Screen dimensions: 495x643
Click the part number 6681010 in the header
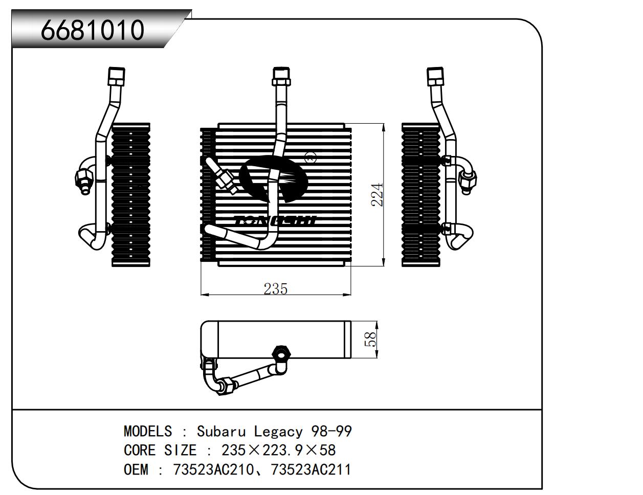pyautogui.click(x=93, y=30)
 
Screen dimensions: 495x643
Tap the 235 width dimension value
pyautogui.click(x=276, y=289)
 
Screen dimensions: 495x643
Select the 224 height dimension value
pyautogui.click(x=378, y=194)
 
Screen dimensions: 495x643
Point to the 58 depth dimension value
pyautogui.click(x=370, y=340)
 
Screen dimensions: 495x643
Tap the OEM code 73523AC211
pyautogui.click(x=311, y=469)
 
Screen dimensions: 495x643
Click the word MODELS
pyautogui.click(x=148, y=432)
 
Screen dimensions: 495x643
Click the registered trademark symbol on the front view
pyautogui.click(x=311, y=157)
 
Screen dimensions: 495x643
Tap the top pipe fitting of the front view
pyautogui.click(x=281, y=77)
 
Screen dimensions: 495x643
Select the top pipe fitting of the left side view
pyautogui.click(x=116, y=77)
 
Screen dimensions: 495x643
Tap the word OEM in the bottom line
pyautogui.click(x=136, y=469)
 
